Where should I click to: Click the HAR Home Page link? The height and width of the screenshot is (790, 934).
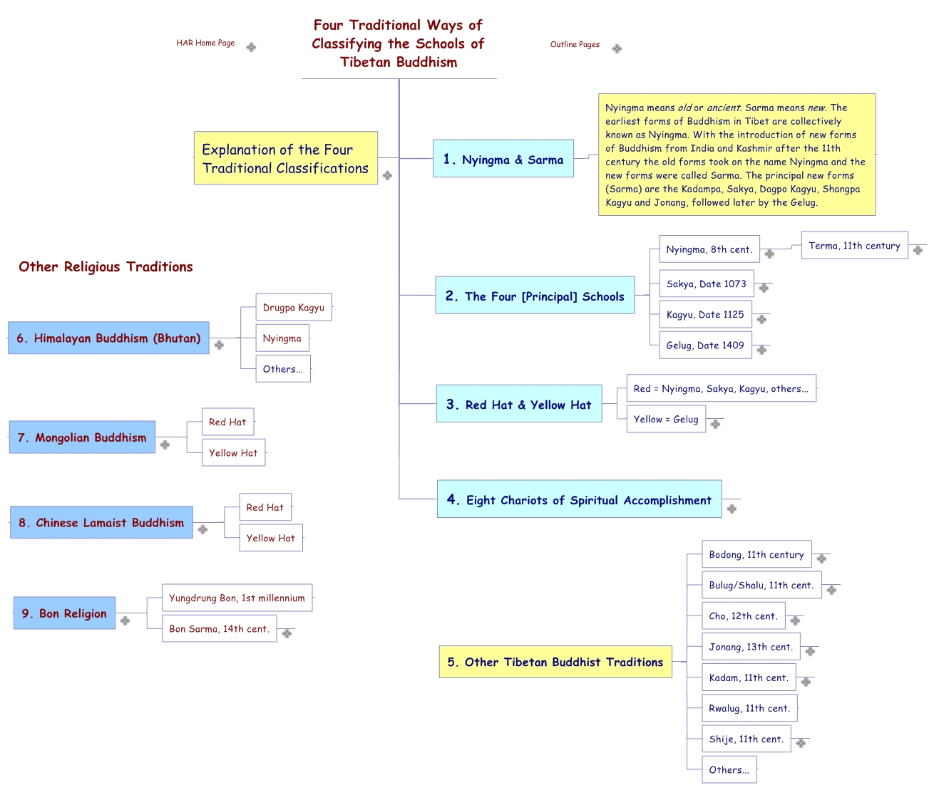[x=205, y=43]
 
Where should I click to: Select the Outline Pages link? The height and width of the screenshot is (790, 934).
[x=575, y=45]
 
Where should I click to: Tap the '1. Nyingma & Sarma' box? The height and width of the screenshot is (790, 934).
[x=503, y=159]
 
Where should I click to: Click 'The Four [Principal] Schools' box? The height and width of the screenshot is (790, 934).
[x=535, y=296]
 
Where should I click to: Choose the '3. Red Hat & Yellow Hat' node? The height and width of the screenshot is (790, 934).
[x=519, y=404]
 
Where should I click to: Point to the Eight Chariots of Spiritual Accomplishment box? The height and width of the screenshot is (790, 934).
[x=579, y=499]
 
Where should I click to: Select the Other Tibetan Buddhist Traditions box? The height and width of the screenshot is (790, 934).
[x=555, y=662]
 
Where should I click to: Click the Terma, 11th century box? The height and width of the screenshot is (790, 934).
[x=854, y=246]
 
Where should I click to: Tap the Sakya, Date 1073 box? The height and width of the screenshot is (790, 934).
[x=706, y=284]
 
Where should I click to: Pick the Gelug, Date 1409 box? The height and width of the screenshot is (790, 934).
[x=704, y=345]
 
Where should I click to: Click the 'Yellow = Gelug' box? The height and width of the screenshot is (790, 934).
[x=666, y=420]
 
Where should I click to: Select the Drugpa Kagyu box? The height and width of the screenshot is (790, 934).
[x=294, y=308]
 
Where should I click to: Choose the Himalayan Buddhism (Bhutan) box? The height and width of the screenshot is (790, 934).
[x=109, y=338]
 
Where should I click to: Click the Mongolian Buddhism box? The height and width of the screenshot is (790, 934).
[x=83, y=437]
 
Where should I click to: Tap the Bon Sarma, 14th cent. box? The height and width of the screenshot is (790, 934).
[x=219, y=629]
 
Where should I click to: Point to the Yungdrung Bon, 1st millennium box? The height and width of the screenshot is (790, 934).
[x=237, y=598]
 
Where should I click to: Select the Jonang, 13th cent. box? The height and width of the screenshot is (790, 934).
[x=750, y=647]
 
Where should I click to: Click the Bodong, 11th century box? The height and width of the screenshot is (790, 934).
[x=756, y=555]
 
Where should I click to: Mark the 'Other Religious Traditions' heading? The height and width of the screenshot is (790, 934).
[x=106, y=267]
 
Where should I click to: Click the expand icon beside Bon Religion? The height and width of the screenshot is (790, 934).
[x=125, y=620]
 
